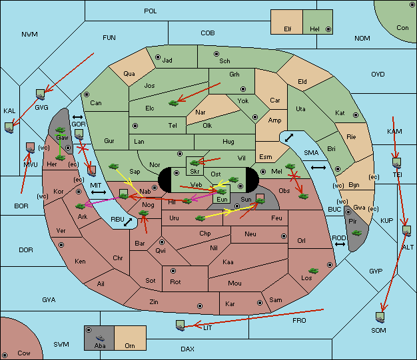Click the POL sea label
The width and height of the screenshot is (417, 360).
click(151, 11)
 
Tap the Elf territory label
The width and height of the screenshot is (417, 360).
click(288, 29)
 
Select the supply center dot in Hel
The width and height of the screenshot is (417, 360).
click(328, 29)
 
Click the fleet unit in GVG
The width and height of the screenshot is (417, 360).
click(40, 94)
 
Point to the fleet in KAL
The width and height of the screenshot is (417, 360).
click(9, 128)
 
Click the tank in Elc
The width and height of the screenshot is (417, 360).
click(173, 103)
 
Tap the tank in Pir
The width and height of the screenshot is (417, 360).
click(356, 233)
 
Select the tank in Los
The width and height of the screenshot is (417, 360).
click(314, 271)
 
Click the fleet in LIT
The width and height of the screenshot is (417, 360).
click(180, 325)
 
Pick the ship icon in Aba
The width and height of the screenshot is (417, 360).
click(100, 338)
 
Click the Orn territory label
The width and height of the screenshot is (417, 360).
click(130, 345)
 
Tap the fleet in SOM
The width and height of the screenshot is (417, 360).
click(380, 317)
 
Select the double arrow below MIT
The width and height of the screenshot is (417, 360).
click(99, 192)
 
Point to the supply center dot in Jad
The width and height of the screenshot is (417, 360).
click(158, 57)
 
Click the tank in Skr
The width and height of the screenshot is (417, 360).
click(195, 162)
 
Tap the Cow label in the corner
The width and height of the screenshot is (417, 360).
click(24, 353)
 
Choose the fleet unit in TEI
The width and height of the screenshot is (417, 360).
click(397, 163)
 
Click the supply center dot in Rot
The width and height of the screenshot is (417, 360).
click(173, 271)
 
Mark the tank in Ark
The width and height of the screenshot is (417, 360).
click(81, 206)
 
